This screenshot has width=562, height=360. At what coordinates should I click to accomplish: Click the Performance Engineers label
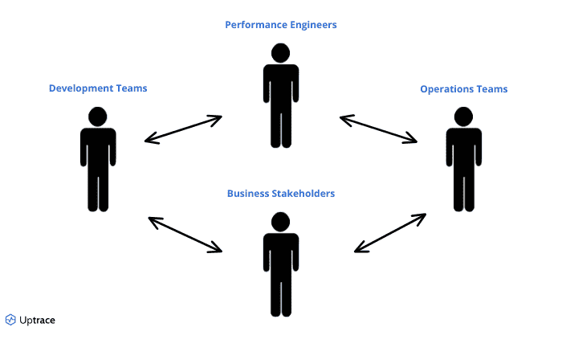click(280, 25)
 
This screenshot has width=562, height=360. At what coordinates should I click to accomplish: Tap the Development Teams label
click(98, 88)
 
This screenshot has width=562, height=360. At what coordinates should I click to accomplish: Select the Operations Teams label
click(463, 88)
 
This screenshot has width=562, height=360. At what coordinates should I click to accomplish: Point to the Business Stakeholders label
click(280, 193)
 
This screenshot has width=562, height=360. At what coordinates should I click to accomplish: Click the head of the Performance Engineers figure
click(280, 53)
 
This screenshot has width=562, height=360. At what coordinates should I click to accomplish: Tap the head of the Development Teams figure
click(98, 116)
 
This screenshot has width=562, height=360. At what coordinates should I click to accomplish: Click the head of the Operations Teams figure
click(463, 117)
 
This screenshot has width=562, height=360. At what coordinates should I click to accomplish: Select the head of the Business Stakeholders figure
click(280, 222)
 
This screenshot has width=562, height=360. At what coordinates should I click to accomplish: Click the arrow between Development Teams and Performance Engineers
click(183, 129)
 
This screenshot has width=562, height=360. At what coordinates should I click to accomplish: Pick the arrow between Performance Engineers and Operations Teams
click(378, 129)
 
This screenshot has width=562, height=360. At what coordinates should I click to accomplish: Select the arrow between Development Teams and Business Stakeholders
click(185, 234)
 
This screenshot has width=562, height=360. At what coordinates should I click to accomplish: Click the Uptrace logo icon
click(10, 320)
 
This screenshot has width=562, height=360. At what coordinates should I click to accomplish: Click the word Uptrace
click(37, 320)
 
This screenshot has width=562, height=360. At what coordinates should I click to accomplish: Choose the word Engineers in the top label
click(309, 25)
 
